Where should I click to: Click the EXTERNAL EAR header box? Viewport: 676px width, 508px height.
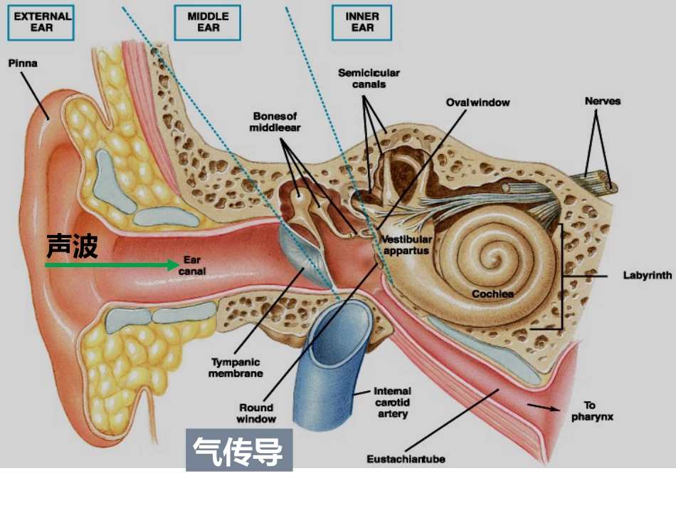pyautogui.click(x=41, y=23)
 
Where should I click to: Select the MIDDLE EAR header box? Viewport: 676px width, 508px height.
pyautogui.click(x=207, y=23)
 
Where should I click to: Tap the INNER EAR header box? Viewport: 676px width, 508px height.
pyautogui.click(x=361, y=23)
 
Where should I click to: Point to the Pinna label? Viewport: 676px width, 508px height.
pyautogui.click(x=23, y=63)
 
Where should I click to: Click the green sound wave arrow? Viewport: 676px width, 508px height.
pyautogui.click(x=112, y=264)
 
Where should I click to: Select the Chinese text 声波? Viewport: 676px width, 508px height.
pyautogui.click(x=72, y=246)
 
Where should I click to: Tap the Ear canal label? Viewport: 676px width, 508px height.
pyautogui.click(x=192, y=266)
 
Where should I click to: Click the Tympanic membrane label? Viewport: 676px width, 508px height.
pyautogui.click(x=236, y=368)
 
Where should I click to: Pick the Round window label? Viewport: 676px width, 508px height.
pyautogui.click(x=256, y=413)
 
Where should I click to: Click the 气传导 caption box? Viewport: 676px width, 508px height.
pyautogui.click(x=239, y=450)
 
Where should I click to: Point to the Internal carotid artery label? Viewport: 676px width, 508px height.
pyautogui.click(x=392, y=403)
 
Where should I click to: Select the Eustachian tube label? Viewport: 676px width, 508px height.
pyautogui.click(x=406, y=459)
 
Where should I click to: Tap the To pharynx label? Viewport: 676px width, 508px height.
pyautogui.click(x=592, y=411)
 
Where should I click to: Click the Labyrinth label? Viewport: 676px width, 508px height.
pyautogui.click(x=648, y=275)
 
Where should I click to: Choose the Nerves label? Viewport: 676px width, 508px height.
pyautogui.click(x=603, y=101)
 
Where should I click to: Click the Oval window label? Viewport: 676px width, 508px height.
pyautogui.click(x=477, y=103)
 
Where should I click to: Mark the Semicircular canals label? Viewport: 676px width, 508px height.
pyautogui.click(x=369, y=78)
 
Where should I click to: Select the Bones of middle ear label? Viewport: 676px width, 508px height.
pyautogui.click(x=275, y=122)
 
